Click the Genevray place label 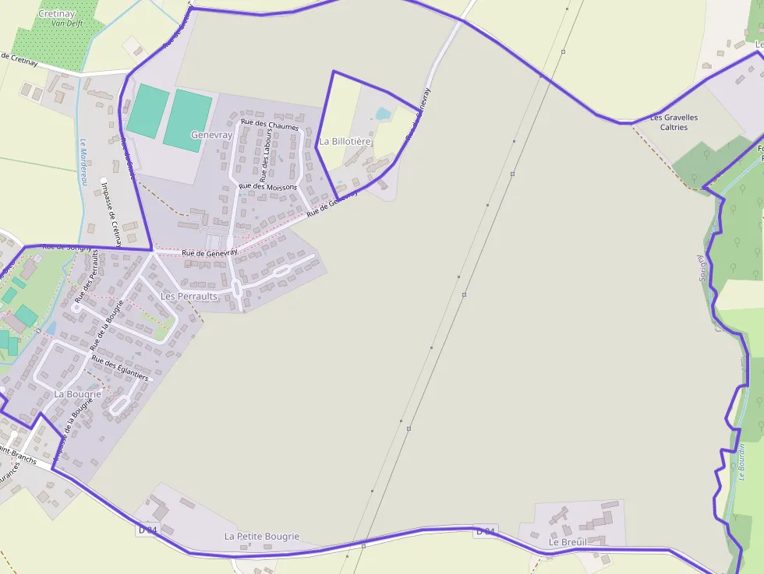tap(212, 135)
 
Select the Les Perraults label tap(189, 297)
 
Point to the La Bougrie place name tap(78, 394)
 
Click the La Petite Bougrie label tap(262, 537)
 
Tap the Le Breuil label tap(567, 542)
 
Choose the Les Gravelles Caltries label tap(674, 122)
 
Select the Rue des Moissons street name tap(268, 187)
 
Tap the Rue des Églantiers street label tap(119, 368)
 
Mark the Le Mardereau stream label tap(82, 162)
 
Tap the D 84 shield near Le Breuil tap(485, 532)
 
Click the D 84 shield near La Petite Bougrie tap(148, 530)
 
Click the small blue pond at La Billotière tap(383, 114)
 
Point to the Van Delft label tap(67, 23)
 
